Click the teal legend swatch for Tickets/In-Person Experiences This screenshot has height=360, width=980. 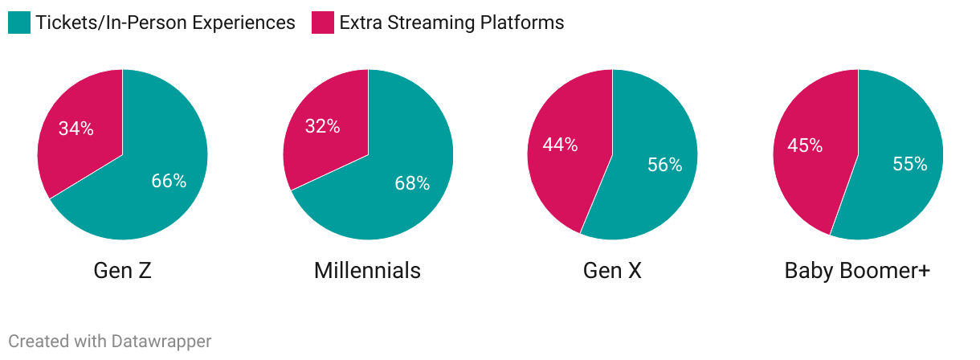[x=19, y=22]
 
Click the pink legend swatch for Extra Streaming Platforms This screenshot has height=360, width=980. [x=323, y=22]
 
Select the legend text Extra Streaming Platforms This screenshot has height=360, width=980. [x=452, y=22]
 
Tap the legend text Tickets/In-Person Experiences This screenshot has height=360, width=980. [x=165, y=22]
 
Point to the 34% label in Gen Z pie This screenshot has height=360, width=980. [x=76, y=129]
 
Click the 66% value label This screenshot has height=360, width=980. [x=169, y=181]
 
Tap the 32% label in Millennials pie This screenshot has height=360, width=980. [x=322, y=126]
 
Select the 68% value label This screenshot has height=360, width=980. [x=412, y=183]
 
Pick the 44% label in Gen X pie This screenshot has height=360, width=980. [x=560, y=145]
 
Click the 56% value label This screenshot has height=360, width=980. [x=665, y=165]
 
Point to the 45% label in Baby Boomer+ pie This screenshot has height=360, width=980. [x=805, y=145]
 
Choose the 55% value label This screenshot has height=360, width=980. [x=910, y=164]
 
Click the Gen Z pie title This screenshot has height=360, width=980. [x=122, y=270]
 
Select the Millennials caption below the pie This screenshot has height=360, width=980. [x=368, y=270]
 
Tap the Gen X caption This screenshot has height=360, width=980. [x=612, y=270]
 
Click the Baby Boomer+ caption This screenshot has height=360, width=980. [x=858, y=271]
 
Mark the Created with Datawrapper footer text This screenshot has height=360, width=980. [x=110, y=342]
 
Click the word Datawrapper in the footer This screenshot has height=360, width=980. [x=161, y=342]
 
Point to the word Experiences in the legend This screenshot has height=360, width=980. [x=243, y=23]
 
